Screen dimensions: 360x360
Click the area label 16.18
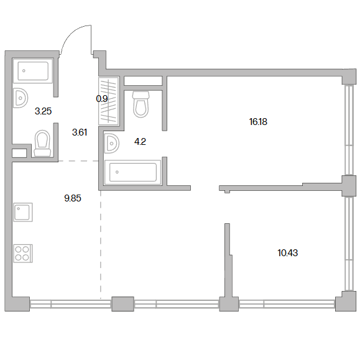(x=258, y=122)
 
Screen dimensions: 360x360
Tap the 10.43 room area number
(x=288, y=253)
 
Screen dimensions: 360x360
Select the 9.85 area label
(x=73, y=198)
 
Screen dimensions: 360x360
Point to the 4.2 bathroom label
(x=140, y=142)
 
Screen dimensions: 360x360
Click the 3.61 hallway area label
(x=80, y=132)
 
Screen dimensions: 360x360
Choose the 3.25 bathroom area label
(x=43, y=111)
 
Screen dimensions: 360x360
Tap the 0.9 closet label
(x=102, y=99)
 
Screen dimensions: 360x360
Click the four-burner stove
(x=23, y=254)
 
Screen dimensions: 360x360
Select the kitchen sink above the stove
(x=23, y=212)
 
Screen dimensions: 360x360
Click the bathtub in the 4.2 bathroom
(x=132, y=172)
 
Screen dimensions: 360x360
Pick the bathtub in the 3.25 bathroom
(x=33, y=71)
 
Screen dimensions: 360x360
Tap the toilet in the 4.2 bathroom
(x=141, y=104)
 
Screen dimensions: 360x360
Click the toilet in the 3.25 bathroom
(x=42, y=144)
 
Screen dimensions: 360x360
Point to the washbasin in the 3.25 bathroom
(x=20, y=98)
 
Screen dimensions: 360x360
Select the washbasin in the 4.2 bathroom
(x=111, y=144)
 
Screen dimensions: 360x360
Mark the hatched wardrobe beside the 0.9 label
(x=109, y=101)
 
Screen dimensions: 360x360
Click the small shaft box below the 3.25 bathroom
(x=19, y=153)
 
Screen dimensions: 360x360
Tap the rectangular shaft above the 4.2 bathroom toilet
(x=143, y=81)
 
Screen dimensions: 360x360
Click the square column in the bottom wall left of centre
(x=122, y=304)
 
